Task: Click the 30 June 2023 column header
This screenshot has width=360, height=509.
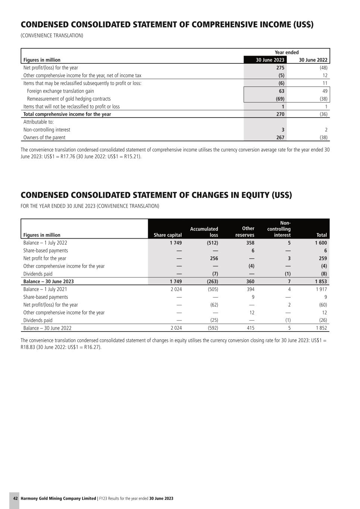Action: point(270,60)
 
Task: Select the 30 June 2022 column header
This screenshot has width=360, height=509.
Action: point(313,60)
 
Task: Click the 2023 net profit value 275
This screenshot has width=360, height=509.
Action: point(280,68)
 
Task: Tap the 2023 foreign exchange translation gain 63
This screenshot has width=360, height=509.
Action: point(281,91)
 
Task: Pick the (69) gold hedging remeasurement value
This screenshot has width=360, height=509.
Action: point(280,99)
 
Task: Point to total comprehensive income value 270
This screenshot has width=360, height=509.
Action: point(280,114)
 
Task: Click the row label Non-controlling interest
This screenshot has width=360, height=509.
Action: point(47,130)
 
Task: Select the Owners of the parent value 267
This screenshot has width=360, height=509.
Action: point(280,138)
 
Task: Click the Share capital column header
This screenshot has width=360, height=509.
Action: point(168,235)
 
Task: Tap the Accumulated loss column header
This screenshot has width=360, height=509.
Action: point(204,232)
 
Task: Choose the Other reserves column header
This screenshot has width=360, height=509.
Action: point(245,232)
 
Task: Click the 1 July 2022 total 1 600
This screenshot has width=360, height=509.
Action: point(320,243)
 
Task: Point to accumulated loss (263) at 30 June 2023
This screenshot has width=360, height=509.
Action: point(212,282)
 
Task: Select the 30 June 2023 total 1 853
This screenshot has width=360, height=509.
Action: point(320,282)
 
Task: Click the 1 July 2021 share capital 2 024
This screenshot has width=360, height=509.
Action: point(176,289)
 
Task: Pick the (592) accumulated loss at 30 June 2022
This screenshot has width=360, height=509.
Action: point(213,328)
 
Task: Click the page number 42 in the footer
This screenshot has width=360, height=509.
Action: point(15,499)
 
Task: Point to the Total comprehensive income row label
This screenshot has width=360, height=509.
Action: point(67,114)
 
